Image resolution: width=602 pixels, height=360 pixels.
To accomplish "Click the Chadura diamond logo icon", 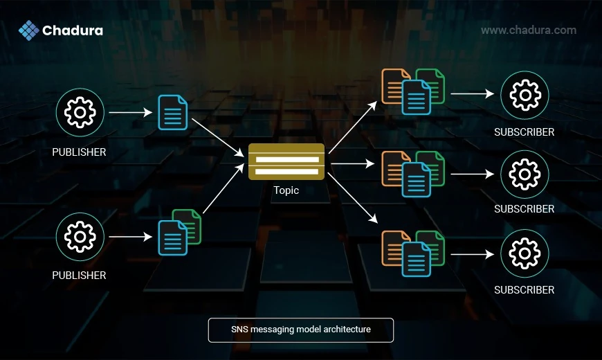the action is click(29, 30).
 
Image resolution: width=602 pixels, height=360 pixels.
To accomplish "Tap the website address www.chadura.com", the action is click(528, 30).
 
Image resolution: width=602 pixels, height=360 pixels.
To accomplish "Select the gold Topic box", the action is click(286, 161).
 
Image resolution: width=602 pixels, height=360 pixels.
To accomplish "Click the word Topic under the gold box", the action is click(286, 190).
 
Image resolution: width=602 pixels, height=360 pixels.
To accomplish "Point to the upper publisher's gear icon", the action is click(80, 112).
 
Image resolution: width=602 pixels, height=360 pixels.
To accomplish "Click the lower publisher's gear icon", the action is click(80, 237).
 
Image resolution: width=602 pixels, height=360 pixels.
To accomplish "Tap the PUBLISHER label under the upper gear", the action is click(79, 152).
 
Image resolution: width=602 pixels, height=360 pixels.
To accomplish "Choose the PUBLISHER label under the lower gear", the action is click(79, 276).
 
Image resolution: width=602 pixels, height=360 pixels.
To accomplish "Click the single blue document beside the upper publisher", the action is click(173, 112).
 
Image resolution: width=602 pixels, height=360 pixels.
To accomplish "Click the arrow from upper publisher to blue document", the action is click(131, 112).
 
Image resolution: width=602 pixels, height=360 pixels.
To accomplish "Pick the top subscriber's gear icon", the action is click(525, 95).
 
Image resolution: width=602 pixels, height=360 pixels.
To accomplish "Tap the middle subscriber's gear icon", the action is click(525, 174).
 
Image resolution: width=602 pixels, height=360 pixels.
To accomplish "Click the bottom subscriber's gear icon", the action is click(525, 253).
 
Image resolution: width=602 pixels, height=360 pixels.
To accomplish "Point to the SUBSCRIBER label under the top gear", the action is click(524, 132).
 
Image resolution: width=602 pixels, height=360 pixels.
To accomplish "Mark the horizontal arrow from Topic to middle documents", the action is click(352, 163).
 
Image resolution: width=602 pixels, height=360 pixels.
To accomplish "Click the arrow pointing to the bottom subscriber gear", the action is click(472, 254).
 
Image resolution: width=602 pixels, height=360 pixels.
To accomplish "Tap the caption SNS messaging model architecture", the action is click(301, 330).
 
